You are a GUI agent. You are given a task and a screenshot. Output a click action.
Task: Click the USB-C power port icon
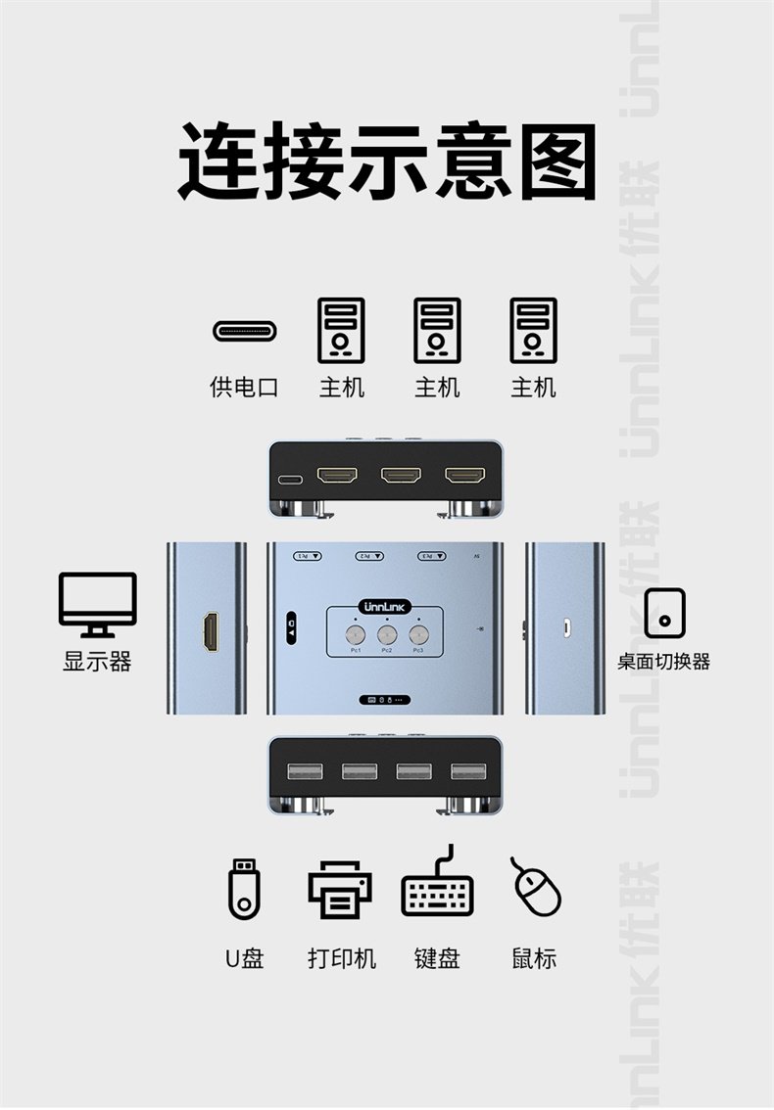(245, 331)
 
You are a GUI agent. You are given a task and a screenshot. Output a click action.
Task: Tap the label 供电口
(245, 387)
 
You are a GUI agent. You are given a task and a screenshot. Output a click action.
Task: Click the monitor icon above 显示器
(97, 604)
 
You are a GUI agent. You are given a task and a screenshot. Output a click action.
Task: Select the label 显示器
(97, 662)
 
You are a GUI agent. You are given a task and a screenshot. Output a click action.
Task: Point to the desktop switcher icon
(664, 613)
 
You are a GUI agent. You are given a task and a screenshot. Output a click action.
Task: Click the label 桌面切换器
(663, 662)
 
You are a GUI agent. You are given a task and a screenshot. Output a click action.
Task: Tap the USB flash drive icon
(244, 888)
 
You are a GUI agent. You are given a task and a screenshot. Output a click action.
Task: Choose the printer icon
(340, 889)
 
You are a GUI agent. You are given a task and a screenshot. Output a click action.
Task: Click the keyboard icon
(437, 887)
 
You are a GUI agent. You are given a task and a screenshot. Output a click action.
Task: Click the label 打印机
(341, 958)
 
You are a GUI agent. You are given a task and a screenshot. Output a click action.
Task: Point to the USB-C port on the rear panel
(291, 481)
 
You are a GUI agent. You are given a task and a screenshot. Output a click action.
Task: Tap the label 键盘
(437, 958)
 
